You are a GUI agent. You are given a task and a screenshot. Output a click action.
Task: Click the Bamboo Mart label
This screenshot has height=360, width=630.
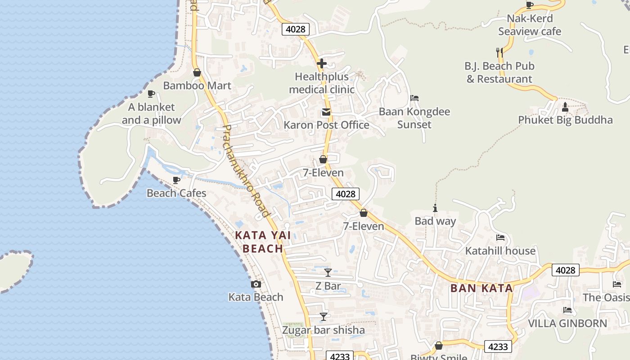click(197, 85)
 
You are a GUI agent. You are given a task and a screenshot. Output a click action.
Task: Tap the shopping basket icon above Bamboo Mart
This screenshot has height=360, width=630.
click(197, 72)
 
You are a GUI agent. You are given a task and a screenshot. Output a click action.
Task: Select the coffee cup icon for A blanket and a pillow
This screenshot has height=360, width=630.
click(151, 94)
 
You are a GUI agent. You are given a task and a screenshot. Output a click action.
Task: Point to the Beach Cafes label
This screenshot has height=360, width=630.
click(176, 193)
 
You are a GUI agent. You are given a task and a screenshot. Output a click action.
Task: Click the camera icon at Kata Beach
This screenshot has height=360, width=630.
click(256, 284)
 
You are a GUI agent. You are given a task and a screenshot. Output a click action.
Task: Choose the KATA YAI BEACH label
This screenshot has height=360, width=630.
click(263, 242)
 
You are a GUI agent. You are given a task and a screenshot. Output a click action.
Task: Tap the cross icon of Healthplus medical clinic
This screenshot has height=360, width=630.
click(322, 63)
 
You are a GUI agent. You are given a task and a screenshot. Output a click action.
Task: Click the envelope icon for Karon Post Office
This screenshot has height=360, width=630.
click(326, 112)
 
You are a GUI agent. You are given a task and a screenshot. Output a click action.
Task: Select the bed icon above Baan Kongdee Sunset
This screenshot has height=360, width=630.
click(414, 98)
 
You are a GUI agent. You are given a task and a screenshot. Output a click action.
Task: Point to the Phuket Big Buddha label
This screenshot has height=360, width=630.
click(565, 120)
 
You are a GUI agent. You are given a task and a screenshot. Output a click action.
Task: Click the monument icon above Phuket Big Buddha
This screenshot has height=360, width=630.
click(565, 107)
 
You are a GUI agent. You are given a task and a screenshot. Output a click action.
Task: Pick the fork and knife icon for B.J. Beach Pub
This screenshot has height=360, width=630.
click(499, 53)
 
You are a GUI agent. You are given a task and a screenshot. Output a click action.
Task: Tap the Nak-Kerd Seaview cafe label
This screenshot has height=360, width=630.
click(530, 25)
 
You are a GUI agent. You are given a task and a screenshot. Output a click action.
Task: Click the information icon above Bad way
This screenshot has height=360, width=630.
click(435, 208)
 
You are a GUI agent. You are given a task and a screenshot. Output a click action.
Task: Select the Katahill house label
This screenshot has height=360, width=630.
click(500, 251)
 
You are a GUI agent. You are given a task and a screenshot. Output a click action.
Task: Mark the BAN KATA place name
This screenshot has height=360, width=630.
click(481, 288)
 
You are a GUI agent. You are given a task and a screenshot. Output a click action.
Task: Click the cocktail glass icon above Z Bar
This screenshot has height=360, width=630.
click(328, 273)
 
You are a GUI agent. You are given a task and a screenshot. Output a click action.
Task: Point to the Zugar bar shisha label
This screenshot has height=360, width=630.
click(323, 330)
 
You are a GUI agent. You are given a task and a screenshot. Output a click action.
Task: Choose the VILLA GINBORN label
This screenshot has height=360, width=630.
click(567, 323)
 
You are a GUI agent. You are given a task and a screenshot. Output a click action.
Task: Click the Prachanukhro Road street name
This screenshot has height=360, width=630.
click(246, 171)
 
